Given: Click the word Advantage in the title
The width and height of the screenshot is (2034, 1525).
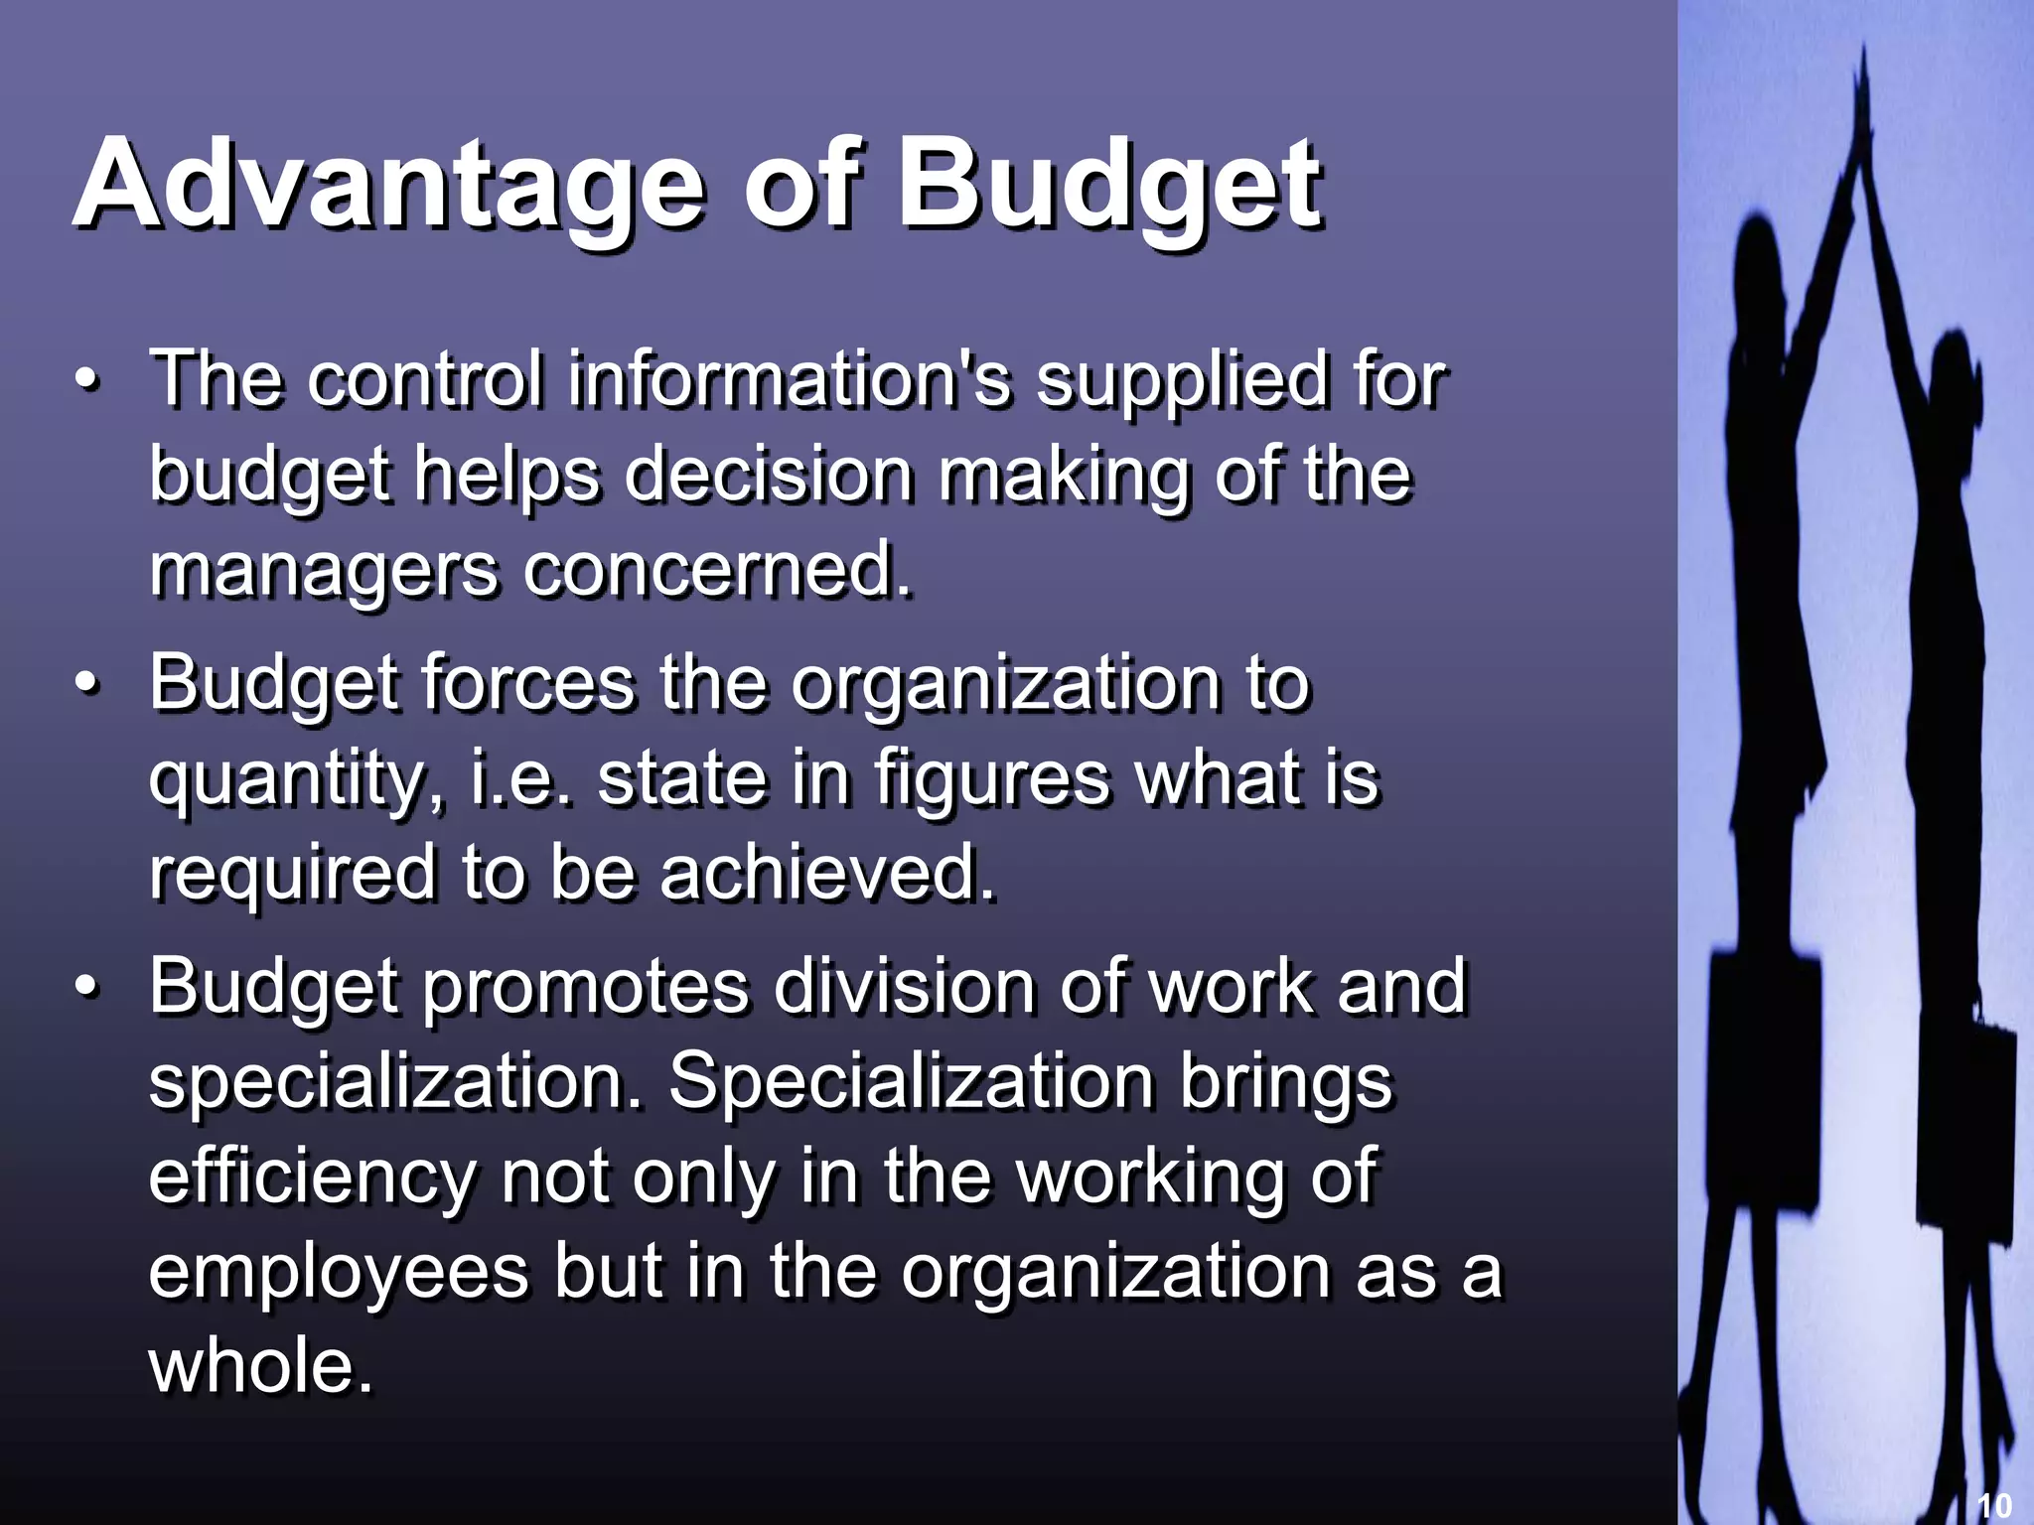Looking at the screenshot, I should click(x=387, y=184).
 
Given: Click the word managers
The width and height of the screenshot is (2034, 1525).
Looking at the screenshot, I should click(x=323, y=573).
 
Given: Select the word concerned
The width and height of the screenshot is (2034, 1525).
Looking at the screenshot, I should click(x=715, y=571).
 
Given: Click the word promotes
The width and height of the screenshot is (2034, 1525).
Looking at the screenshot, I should click(x=586, y=988).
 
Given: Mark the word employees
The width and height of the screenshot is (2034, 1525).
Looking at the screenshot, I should click(x=338, y=1273).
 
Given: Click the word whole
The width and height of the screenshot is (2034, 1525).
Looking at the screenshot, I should click(x=260, y=1366).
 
